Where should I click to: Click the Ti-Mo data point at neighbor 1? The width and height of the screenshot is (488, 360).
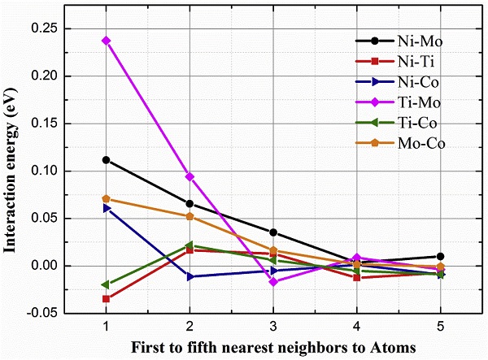coord(106,40)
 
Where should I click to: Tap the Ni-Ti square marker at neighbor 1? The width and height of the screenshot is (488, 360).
coord(106,298)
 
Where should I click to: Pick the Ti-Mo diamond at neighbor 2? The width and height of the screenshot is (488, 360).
coord(190,176)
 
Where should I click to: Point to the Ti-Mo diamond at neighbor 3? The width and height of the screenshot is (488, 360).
coord(273,281)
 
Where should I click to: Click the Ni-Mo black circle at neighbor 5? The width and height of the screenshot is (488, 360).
coord(441,256)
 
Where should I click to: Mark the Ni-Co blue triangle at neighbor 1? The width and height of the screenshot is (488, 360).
coord(106,208)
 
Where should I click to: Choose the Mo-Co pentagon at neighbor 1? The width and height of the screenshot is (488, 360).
coord(106,198)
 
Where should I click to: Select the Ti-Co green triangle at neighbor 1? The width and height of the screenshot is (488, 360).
coord(106,284)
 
